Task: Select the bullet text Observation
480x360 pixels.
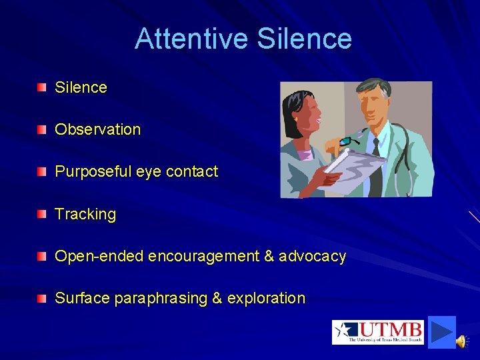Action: pos(97,129)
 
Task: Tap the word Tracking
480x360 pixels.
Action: pos(85,214)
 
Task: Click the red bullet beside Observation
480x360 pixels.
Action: pos(43,129)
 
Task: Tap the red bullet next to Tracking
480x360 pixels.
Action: pos(43,213)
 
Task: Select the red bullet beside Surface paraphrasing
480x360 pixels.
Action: pos(43,298)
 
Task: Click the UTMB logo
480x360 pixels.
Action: pos(377,332)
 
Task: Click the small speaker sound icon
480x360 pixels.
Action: pos(461,341)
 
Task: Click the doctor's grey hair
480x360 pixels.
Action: pos(373,90)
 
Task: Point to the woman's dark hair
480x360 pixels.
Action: pos(294,107)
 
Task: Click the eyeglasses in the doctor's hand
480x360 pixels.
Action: pos(347,141)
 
